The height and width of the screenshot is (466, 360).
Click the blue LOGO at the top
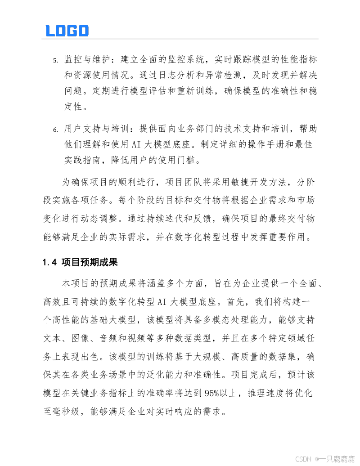tap(67, 31)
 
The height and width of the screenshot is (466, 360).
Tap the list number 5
tap(55, 60)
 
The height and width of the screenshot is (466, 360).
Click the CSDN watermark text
tap(304, 459)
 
